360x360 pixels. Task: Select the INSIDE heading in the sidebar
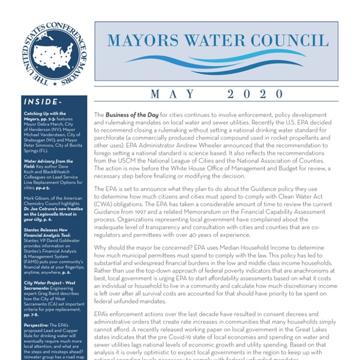tap(40, 101)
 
